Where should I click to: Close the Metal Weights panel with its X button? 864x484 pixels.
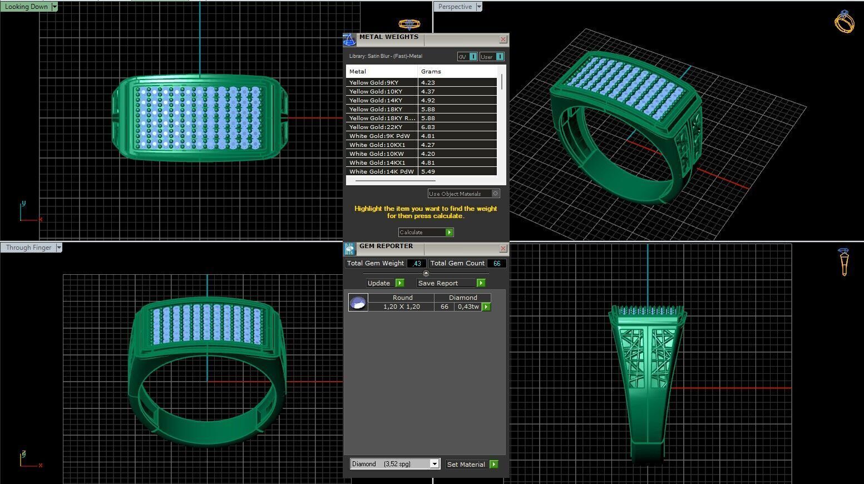pos(503,39)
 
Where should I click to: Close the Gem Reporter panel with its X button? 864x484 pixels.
pos(503,248)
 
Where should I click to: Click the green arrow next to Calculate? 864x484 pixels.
pos(449,232)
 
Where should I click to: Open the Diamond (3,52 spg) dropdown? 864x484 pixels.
pos(435,464)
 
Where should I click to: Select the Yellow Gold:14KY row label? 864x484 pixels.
pos(376,101)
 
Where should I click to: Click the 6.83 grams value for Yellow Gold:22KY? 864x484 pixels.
pos(428,127)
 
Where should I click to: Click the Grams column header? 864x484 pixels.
pos(431,72)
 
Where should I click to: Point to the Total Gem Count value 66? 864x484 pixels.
pos(497,264)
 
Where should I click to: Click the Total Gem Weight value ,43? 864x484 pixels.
pos(417,264)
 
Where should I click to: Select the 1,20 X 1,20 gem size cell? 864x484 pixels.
pos(401,307)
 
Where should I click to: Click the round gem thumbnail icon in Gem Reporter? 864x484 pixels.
pos(358,303)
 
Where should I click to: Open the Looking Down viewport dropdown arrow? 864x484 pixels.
pos(54,7)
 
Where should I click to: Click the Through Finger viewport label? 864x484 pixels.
pos(28,248)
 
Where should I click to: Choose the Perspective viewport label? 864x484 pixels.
pos(455,7)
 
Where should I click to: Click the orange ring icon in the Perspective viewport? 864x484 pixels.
pos(844,22)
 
